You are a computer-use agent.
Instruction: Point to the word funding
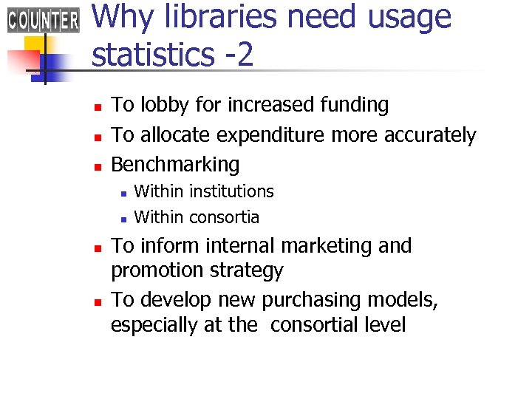(x=355, y=106)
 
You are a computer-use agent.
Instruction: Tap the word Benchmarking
(x=175, y=165)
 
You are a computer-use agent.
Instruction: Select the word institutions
(x=232, y=191)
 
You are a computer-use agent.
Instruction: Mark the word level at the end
(x=385, y=325)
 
